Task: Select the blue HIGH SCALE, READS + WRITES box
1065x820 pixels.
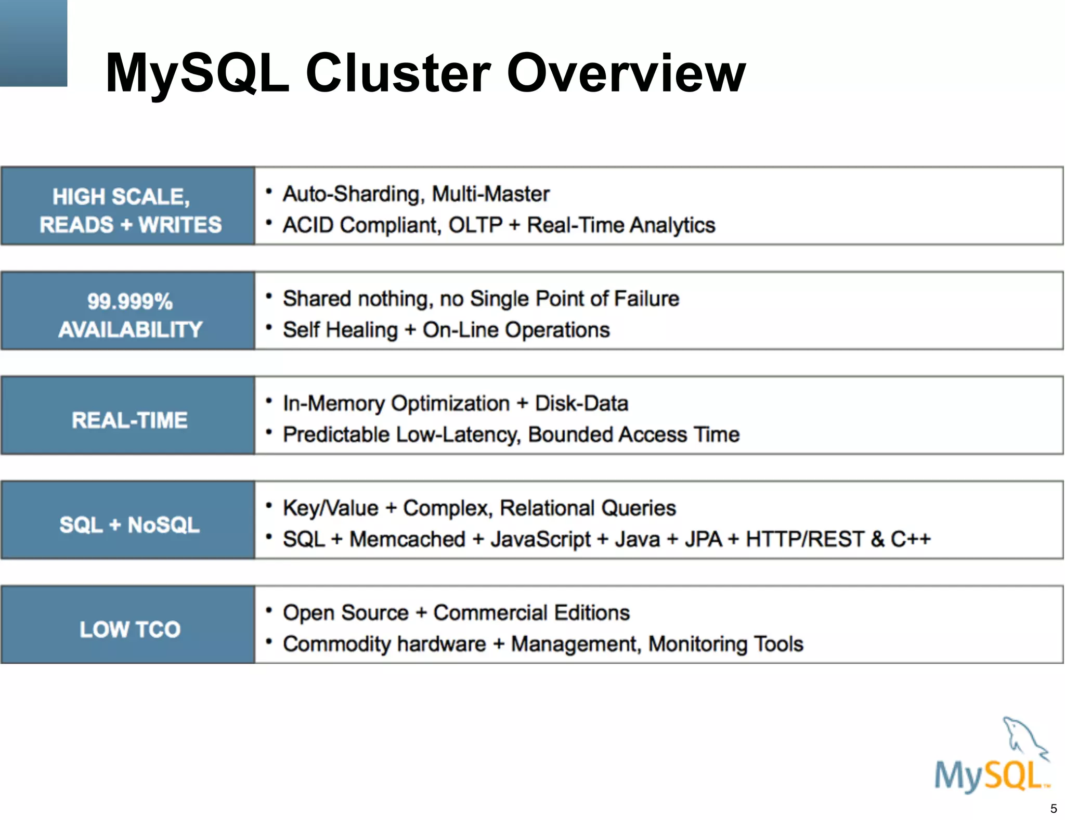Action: pyautogui.click(x=128, y=206)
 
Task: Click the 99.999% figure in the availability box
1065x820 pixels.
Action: pyautogui.click(x=130, y=301)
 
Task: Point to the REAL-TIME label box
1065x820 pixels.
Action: pyautogui.click(x=128, y=420)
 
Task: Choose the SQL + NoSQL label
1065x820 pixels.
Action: pyautogui.click(x=129, y=524)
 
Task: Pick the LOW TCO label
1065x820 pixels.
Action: pyautogui.click(x=129, y=629)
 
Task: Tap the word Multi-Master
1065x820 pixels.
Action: pyautogui.click(x=490, y=194)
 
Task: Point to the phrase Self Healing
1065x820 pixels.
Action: pyautogui.click(x=340, y=330)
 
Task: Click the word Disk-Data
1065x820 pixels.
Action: pyautogui.click(x=581, y=404)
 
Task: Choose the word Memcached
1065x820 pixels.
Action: pyautogui.click(x=407, y=539)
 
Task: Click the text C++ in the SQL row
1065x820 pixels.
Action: pyautogui.click(x=911, y=539)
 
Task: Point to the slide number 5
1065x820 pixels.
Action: pyautogui.click(x=1054, y=809)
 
